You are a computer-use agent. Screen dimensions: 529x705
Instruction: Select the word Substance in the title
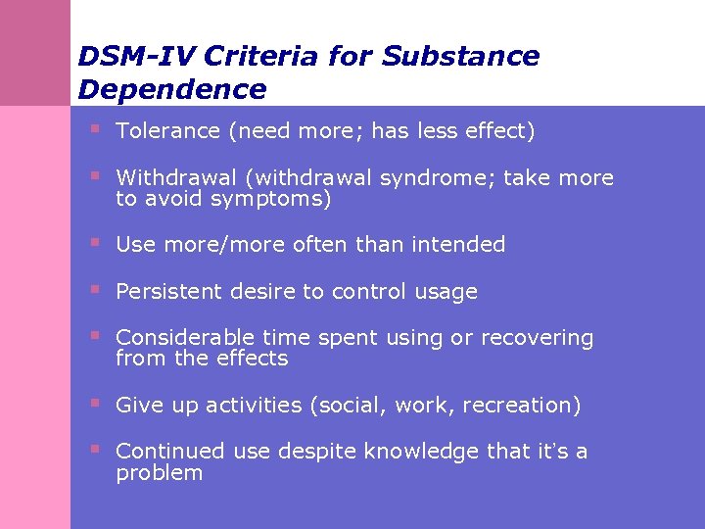click(460, 56)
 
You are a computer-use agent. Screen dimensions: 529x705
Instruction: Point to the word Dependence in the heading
click(172, 89)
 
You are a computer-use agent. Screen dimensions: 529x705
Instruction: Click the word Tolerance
click(167, 131)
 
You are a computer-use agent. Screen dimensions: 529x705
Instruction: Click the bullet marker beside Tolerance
click(95, 128)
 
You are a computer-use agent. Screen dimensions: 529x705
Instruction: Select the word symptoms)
click(280, 200)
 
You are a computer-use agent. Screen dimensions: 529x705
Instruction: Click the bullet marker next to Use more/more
click(95, 242)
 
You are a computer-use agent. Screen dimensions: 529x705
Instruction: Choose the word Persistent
click(167, 292)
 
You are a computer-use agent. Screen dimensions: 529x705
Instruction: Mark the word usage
click(446, 292)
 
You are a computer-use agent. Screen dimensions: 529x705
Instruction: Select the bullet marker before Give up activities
click(95, 402)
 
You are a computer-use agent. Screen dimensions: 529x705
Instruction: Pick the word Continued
click(171, 452)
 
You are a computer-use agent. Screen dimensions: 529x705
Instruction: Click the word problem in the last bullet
click(159, 473)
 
